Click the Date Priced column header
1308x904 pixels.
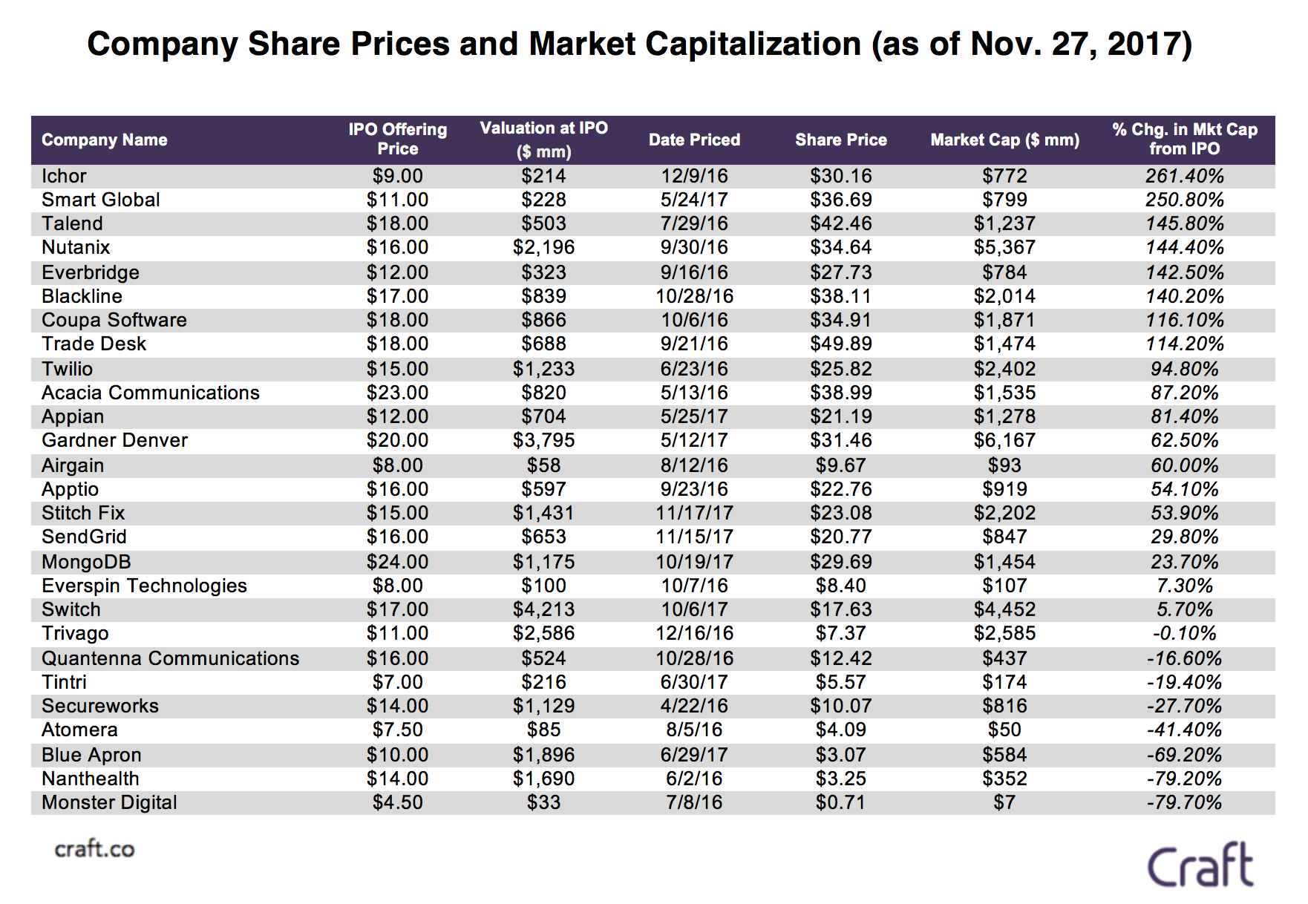click(694, 140)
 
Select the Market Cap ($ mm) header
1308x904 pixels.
click(1004, 140)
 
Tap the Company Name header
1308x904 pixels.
click(105, 140)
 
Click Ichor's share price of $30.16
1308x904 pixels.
click(840, 176)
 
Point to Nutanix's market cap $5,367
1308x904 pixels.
click(1004, 247)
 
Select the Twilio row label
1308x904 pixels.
click(68, 369)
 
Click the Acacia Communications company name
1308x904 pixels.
click(151, 393)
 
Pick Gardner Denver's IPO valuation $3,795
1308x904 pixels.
click(543, 440)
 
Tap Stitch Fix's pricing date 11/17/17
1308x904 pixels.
click(694, 513)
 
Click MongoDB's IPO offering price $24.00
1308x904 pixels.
click(397, 562)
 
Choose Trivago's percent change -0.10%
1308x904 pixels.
click(1184, 633)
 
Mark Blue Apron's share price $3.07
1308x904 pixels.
click(840, 755)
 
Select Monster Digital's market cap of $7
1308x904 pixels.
click(1004, 802)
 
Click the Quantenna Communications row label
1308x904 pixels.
click(171, 658)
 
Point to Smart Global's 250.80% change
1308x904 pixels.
click(1184, 200)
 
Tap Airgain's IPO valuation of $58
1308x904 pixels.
click(543, 465)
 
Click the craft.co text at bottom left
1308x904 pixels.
click(95, 849)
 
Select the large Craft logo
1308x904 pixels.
click(1200, 865)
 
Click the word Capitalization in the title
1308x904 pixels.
click(753, 44)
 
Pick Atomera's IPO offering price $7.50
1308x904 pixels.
click(397, 730)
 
